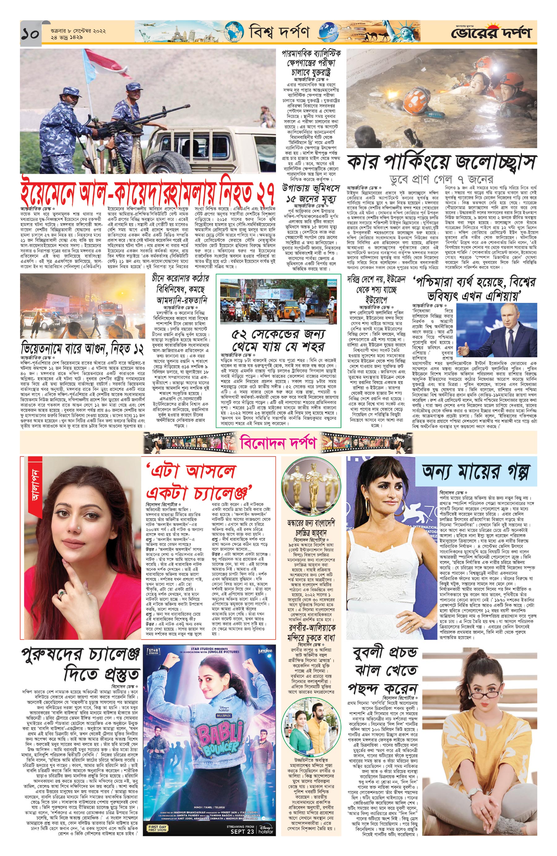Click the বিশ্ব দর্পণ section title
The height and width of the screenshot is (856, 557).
(279, 33)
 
